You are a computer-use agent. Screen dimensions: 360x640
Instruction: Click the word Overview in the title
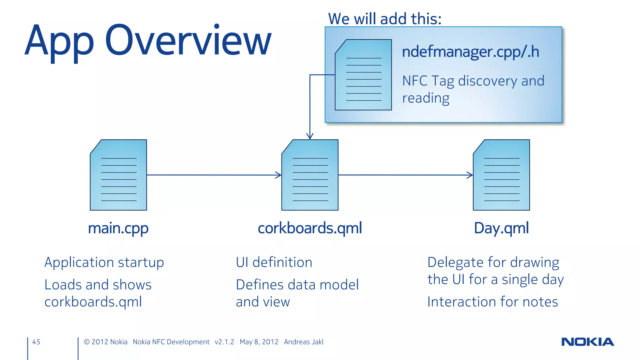[187, 41]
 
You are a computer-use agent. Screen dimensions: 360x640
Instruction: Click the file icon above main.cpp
[118, 175]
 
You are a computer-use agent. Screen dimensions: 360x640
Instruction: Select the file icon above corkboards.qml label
[310, 175]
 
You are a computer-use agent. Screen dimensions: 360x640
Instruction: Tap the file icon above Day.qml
[501, 175]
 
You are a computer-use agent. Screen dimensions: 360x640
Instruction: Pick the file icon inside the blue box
[363, 75]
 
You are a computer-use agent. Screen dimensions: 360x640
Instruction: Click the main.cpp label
[118, 228]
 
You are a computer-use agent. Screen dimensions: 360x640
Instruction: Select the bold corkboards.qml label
[310, 228]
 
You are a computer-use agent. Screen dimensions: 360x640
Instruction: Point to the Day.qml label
[501, 228]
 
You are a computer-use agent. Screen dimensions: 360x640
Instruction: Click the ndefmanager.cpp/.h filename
[471, 52]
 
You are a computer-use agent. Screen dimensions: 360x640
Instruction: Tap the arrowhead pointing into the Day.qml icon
[470, 175]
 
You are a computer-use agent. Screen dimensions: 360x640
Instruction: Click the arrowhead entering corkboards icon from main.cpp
[278, 175]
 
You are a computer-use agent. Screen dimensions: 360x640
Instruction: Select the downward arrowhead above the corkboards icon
[310, 136]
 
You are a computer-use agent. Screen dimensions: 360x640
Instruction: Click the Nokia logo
[587, 342]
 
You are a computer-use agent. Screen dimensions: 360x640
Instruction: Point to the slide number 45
[36, 342]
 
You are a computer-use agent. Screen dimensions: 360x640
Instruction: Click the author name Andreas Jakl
[303, 342]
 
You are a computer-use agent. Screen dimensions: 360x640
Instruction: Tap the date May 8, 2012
[259, 342]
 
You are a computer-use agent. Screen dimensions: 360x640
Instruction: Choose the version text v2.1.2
[224, 342]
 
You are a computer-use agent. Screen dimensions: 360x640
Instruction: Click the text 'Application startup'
[104, 262]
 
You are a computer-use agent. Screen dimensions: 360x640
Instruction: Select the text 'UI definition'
[274, 262]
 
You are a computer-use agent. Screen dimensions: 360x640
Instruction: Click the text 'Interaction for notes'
[492, 302]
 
